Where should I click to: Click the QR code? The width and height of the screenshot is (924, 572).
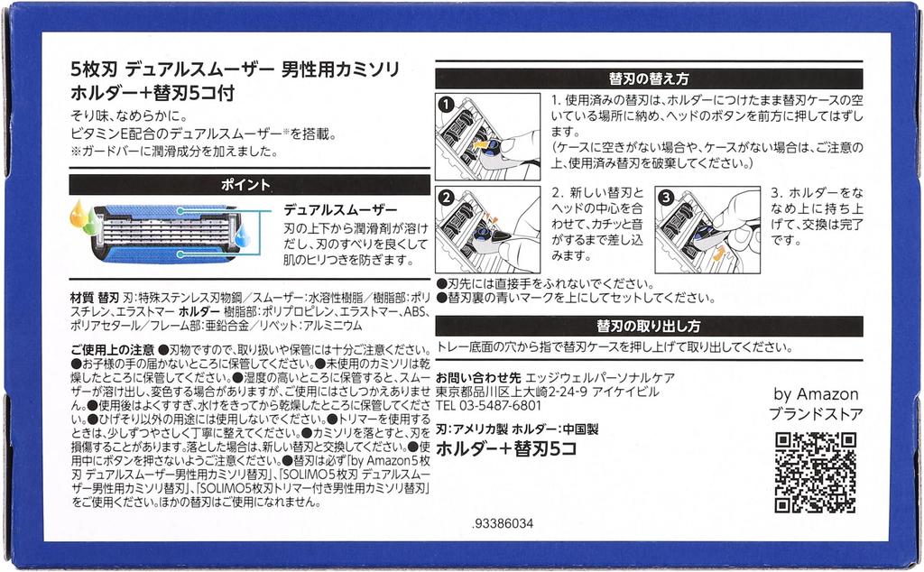(815, 473)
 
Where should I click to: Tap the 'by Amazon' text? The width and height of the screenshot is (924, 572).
(816, 394)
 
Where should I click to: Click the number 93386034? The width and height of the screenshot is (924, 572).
(503, 523)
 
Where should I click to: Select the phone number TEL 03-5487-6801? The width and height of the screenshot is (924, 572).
(488, 405)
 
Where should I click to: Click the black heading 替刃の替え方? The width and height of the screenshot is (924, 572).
(649, 78)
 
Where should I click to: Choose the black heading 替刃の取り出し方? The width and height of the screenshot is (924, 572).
(649, 326)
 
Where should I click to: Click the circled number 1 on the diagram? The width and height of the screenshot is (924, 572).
(446, 105)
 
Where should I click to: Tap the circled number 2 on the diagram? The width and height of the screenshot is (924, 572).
(446, 198)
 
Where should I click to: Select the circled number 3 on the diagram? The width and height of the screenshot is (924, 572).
(666, 198)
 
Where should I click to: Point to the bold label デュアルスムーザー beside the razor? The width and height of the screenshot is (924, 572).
(340, 209)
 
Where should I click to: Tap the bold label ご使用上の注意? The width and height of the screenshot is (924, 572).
(112, 350)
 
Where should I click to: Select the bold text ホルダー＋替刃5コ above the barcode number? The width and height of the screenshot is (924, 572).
(505, 449)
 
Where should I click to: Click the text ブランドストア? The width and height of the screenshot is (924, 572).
(816, 414)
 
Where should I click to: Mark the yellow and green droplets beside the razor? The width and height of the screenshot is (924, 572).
(84, 218)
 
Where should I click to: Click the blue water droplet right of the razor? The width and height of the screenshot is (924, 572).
(242, 235)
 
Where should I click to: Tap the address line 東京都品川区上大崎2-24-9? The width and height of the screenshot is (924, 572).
(512, 392)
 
